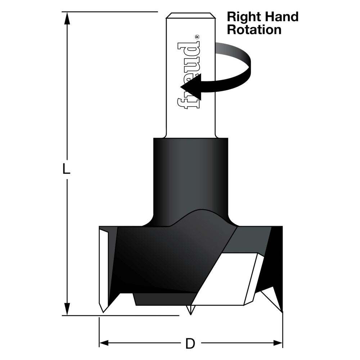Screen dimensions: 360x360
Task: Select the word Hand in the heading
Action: point(281,17)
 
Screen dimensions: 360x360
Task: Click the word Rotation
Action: point(254,30)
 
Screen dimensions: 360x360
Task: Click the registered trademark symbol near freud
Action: point(197,37)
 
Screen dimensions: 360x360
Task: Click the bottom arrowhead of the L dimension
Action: point(66,309)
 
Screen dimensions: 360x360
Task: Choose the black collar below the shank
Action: point(190,173)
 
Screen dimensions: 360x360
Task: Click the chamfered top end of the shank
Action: point(190,16)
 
